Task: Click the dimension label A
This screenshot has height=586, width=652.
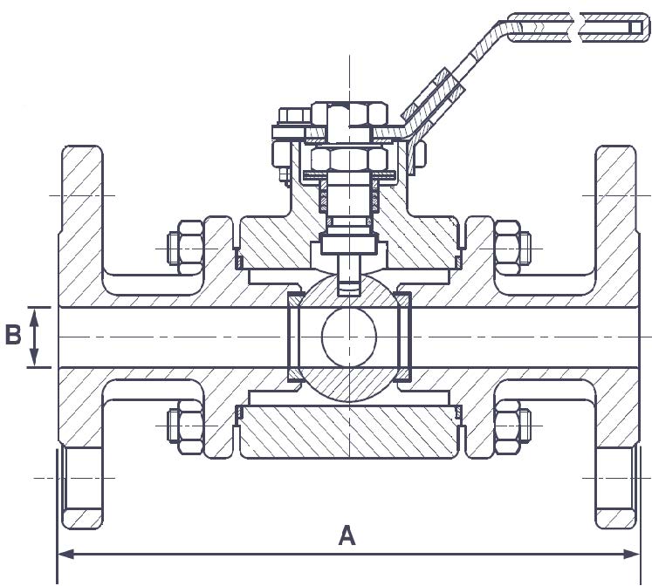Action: (347, 536)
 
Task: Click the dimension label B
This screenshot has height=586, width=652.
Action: (13, 336)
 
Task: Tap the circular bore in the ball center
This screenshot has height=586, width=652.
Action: (348, 337)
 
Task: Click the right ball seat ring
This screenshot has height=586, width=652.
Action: (404, 337)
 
